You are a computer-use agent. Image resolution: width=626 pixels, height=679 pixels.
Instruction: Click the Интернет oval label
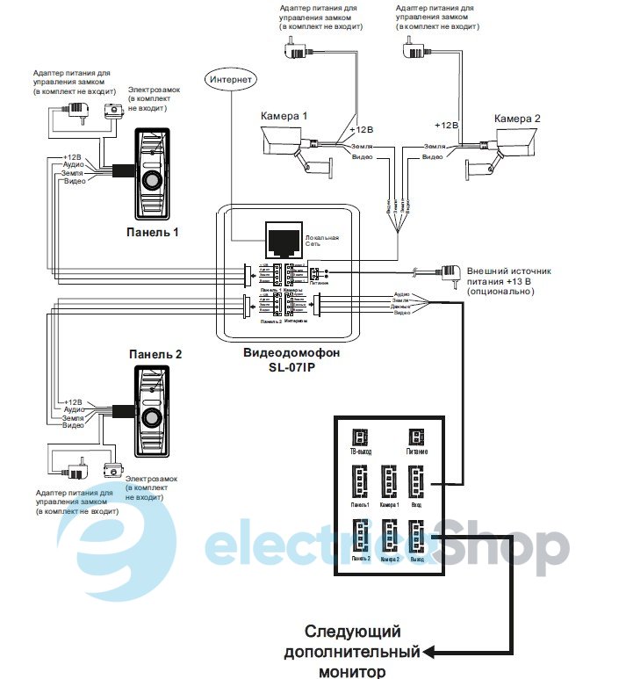tap(231, 80)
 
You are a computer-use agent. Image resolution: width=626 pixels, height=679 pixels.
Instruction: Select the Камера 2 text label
tap(517, 118)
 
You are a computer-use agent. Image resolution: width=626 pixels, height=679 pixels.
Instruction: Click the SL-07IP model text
tap(291, 366)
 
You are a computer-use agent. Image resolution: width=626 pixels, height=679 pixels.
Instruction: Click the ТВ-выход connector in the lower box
tap(358, 437)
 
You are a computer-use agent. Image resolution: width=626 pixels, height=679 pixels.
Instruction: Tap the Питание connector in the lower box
tap(416, 437)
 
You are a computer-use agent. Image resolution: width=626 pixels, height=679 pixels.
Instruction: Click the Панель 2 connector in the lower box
tap(360, 535)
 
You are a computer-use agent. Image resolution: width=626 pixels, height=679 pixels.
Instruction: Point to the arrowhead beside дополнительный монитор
tap(428, 652)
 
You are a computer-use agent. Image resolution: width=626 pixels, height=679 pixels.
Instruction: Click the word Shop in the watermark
tap(501, 546)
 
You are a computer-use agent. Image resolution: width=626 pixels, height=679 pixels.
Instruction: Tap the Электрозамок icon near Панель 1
tap(112, 111)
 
